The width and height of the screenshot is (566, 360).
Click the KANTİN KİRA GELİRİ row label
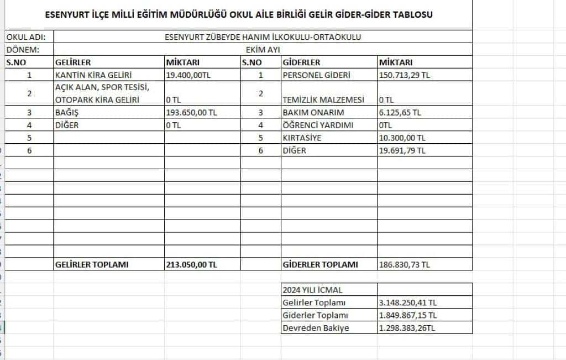[94, 75]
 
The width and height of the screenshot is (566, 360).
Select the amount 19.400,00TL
[188, 75]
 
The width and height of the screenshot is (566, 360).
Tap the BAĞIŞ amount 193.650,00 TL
[192, 112]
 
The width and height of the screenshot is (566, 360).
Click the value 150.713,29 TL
[404, 75]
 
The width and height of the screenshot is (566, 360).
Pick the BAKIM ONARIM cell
[313, 112]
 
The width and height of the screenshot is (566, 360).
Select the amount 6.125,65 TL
[400, 112]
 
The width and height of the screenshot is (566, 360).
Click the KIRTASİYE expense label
[302, 138]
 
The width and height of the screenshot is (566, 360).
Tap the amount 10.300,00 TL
[402, 138]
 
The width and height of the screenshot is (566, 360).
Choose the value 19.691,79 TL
[402, 150]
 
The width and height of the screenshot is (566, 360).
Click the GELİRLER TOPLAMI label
[92, 264]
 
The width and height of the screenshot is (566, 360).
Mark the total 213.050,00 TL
[192, 264]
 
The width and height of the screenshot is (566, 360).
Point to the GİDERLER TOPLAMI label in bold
[320, 264]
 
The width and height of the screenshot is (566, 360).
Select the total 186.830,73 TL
[404, 264]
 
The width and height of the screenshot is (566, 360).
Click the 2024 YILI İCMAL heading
[312, 290]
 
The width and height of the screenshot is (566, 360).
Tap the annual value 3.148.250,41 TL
[408, 302]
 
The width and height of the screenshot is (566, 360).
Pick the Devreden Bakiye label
[316, 328]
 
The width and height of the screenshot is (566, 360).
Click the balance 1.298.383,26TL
[407, 328]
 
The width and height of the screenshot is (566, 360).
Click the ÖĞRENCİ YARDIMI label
[318, 125]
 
